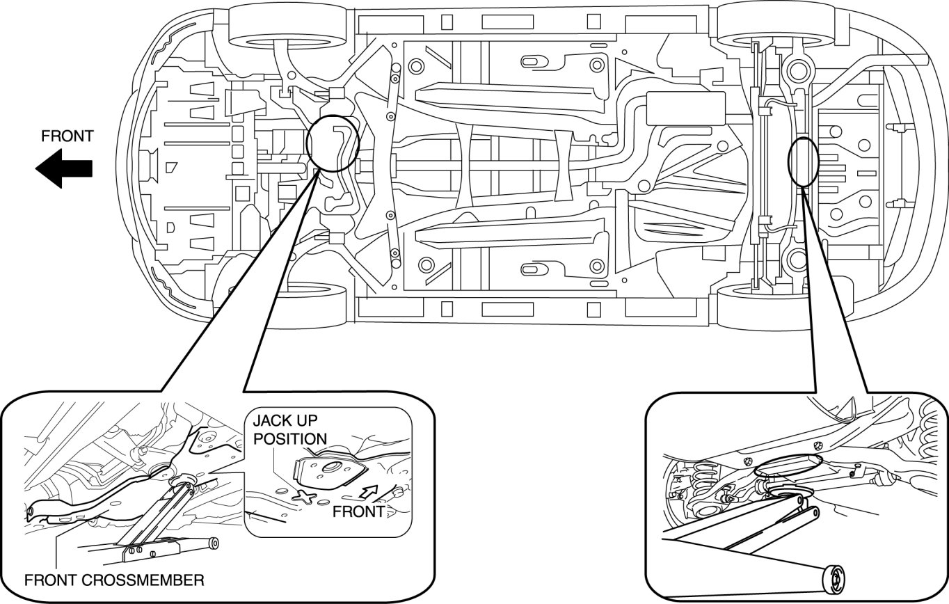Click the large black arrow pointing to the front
(64, 168)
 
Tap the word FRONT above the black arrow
(67, 136)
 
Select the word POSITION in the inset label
(290, 438)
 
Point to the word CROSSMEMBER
(143, 580)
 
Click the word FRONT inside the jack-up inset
(358, 511)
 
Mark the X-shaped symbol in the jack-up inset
(306, 496)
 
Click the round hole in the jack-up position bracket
(331, 468)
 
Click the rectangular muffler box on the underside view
(686, 109)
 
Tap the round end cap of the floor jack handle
(834, 580)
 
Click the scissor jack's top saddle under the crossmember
(182, 481)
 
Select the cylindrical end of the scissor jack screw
(215, 543)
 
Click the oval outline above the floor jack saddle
(788, 465)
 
